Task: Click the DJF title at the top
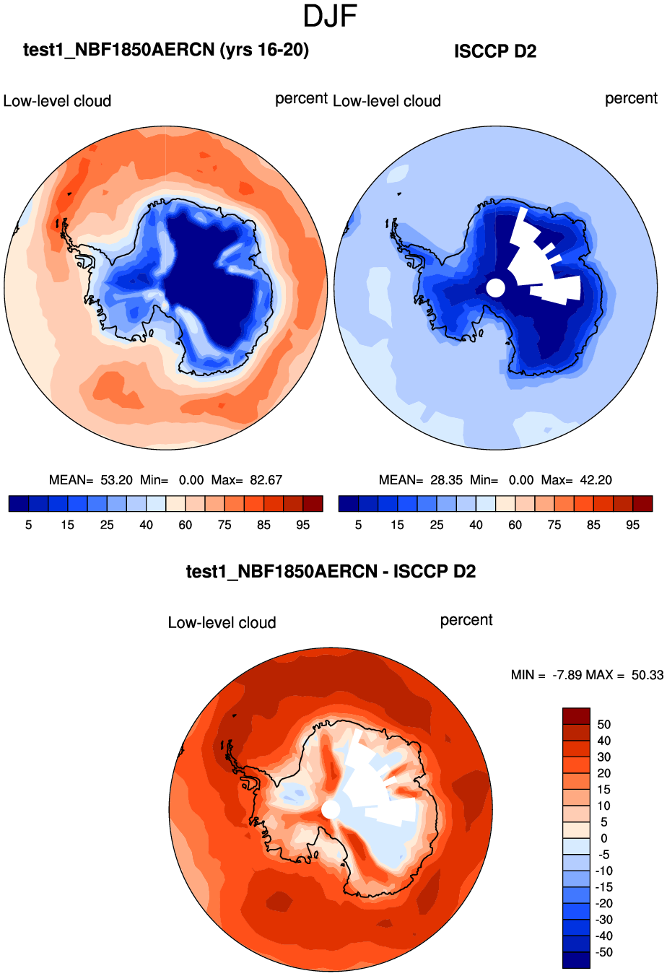pos(331,16)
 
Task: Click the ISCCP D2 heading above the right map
pos(495,51)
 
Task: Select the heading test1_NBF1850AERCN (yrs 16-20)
pos(166,50)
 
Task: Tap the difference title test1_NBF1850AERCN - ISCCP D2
pos(331,572)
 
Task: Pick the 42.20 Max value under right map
pos(596,480)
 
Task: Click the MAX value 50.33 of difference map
pos(647,675)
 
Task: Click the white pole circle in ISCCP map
pos(495,287)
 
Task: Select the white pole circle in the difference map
pos(330,809)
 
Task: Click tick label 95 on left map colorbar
pos(303,525)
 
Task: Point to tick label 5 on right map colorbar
pos(358,525)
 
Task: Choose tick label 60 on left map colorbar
pos(186,525)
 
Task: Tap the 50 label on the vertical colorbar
pos(604,724)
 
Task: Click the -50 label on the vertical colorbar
pos(604,952)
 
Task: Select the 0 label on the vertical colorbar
pos(604,838)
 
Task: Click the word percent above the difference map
pos(466,620)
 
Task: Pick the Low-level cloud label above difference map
pos(222,623)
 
